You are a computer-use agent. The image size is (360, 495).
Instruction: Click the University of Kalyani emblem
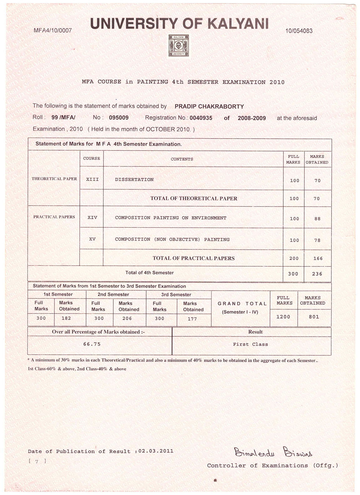click(x=178, y=46)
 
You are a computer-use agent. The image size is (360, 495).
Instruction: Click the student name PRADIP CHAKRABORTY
click(x=209, y=106)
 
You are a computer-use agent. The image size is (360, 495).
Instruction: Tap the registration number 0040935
click(x=201, y=118)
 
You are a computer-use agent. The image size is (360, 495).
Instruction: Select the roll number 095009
click(x=119, y=118)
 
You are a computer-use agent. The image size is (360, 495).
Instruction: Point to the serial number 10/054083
click(x=299, y=31)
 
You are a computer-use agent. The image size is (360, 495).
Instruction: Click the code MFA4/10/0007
click(x=53, y=31)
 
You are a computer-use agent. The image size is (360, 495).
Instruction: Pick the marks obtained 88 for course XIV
click(x=317, y=219)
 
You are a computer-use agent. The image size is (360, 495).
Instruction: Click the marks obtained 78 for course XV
click(x=317, y=240)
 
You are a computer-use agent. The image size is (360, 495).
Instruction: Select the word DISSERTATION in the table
click(x=134, y=180)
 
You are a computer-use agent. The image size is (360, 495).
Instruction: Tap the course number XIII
click(x=92, y=180)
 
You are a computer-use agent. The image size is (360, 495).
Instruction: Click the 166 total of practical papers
click(x=317, y=258)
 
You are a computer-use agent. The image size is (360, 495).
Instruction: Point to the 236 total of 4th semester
click(x=317, y=274)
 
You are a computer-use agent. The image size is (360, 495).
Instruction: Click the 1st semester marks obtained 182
click(x=66, y=318)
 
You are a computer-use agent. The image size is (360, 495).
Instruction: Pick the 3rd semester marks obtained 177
click(x=192, y=319)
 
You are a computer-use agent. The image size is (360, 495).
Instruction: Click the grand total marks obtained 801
click(x=314, y=317)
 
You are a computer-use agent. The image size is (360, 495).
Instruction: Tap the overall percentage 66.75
click(x=92, y=344)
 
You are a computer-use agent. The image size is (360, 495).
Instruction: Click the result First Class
click(x=250, y=344)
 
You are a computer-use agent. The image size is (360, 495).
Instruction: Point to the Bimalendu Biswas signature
click(x=273, y=452)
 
